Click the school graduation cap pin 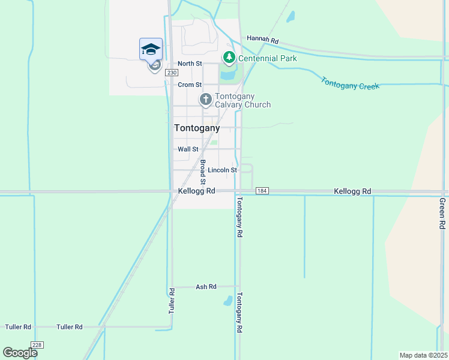tap(151, 49)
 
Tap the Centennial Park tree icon tap(229, 58)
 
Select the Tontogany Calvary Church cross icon tap(206, 99)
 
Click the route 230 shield tap(172, 73)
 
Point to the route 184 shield tap(261, 191)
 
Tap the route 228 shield tap(37, 344)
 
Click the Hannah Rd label tap(263, 40)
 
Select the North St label tap(190, 64)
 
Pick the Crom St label tap(189, 85)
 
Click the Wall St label tap(188, 149)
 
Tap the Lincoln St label tap(223, 170)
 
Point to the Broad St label tap(203, 172)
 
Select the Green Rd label tap(442, 213)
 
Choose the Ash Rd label tap(206, 287)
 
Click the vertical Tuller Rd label tap(172, 301)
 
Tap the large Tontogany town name tap(197, 128)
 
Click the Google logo tap(20, 352)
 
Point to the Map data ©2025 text tap(423, 355)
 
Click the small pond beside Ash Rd tap(228, 300)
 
